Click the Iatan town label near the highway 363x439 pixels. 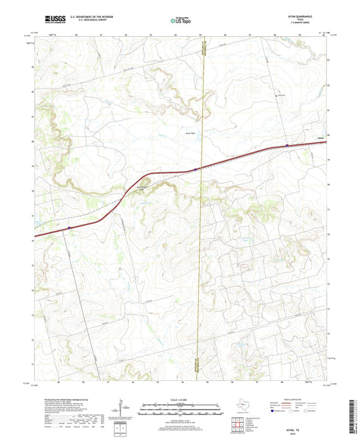point(319,138)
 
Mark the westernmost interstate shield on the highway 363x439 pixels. point(69,228)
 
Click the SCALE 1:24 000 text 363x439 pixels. point(181,399)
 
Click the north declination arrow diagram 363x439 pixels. point(121,408)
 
